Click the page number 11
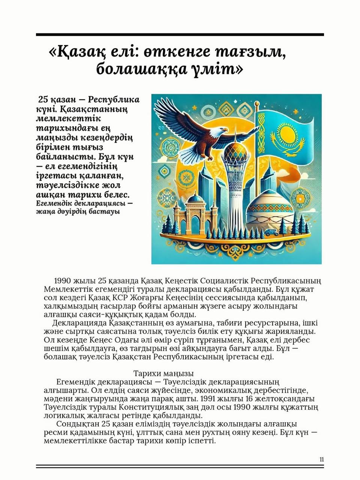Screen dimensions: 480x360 pyautogui.click(x=322, y=460)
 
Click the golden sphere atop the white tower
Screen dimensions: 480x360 pyautogui.click(x=235, y=151)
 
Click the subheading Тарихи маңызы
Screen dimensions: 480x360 pyautogui.click(x=163, y=373)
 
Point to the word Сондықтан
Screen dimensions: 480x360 pyautogui.click(x=77, y=424)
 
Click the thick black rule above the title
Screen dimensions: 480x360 pyautogui.click(x=180, y=34)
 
